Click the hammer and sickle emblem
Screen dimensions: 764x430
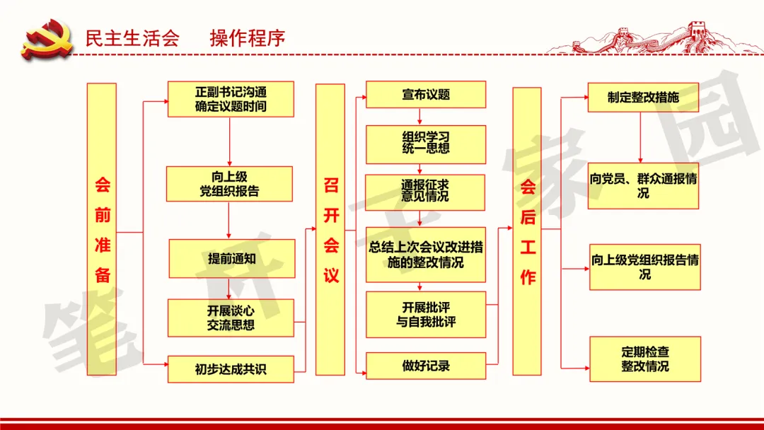click(46, 39)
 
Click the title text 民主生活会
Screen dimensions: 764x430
click(132, 38)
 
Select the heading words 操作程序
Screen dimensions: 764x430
click(248, 38)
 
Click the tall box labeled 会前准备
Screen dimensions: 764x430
click(102, 229)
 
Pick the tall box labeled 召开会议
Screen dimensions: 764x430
click(330, 229)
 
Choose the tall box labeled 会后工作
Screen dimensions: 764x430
click(527, 231)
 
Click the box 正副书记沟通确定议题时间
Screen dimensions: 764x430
click(231, 99)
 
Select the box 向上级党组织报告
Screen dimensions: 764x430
click(229, 184)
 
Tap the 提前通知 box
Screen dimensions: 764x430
click(232, 259)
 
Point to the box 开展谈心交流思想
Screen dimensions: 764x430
click(231, 318)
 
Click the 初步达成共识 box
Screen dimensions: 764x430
click(231, 369)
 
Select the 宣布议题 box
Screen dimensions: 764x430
click(426, 95)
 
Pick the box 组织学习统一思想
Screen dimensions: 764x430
click(426, 145)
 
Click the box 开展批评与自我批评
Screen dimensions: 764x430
click(426, 315)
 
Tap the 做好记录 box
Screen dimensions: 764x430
click(426, 366)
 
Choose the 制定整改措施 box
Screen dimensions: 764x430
click(643, 98)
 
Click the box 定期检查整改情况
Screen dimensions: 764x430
click(645, 359)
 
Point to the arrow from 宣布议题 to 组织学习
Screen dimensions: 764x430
click(419, 117)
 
